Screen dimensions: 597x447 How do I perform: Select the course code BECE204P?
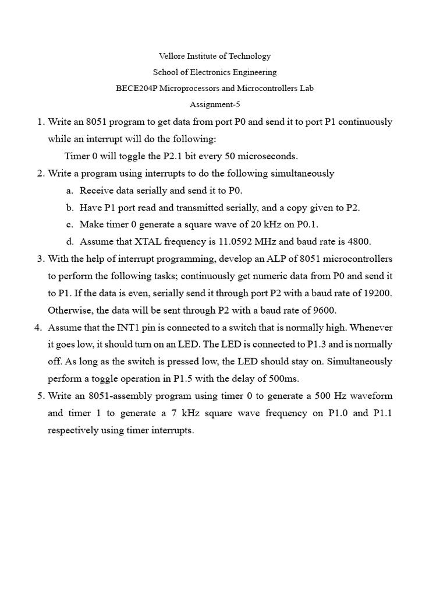coord(137,89)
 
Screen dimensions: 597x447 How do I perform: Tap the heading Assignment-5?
coord(215,105)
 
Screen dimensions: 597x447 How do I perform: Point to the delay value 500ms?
coord(281,378)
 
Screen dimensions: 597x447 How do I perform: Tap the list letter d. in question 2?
coord(70,241)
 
